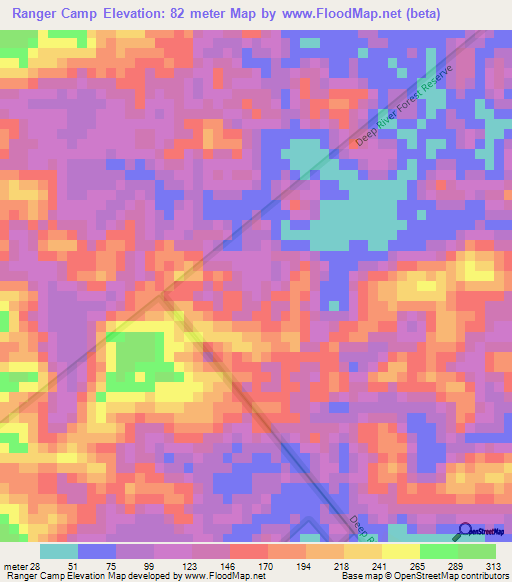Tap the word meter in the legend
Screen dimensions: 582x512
(16, 565)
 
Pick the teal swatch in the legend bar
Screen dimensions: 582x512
(59, 551)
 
